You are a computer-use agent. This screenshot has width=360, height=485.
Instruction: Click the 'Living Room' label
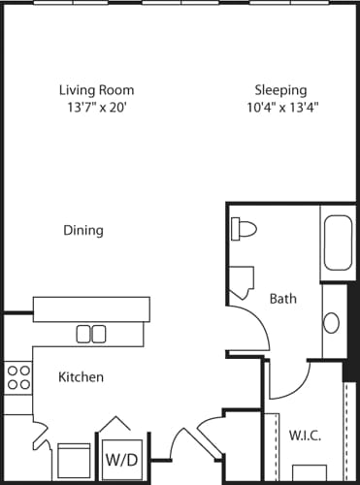[x=95, y=90]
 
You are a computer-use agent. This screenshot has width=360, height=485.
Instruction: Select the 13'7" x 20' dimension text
[x=95, y=108]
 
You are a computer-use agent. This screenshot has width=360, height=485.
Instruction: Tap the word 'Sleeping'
[x=280, y=90]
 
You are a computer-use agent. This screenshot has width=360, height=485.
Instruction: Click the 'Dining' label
[x=83, y=231]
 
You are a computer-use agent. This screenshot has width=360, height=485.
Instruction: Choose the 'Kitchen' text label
[x=81, y=376]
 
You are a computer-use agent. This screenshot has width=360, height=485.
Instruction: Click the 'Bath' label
[x=282, y=299]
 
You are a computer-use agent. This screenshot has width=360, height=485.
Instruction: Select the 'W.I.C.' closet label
[x=304, y=435]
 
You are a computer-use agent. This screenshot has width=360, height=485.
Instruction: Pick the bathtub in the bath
[x=339, y=243]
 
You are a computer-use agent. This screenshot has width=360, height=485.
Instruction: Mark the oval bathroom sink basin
[x=332, y=322]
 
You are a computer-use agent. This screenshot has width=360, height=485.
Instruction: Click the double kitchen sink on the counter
[x=91, y=333]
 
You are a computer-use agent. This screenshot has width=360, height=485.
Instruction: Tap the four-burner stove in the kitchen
[x=16, y=376]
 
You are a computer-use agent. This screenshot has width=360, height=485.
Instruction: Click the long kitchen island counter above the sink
[x=91, y=309]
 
